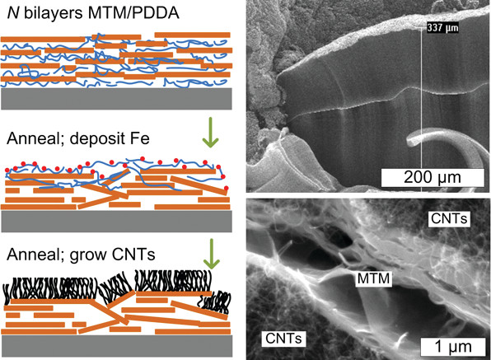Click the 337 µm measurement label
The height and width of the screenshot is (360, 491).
tap(442, 28)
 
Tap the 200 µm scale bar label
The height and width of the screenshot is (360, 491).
tap(433, 177)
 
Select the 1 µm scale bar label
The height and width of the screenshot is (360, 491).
tap(453, 347)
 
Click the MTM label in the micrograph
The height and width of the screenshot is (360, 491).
tap(373, 278)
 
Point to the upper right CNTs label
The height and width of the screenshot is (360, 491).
tap(449, 218)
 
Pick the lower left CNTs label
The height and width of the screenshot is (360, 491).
tap(283, 338)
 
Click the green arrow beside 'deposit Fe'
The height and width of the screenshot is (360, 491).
tap(210, 133)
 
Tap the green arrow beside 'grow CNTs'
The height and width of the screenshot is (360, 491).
tap(212, 254)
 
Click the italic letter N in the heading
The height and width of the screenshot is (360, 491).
tap(13, 13)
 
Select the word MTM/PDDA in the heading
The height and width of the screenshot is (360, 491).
tap(133, 13)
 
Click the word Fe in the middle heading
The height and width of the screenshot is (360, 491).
tap(140, 138)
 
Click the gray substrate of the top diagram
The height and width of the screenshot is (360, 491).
tap(116, 99)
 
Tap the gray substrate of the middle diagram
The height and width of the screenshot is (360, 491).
tap(116, 221)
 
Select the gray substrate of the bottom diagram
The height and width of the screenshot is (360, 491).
tap(116, 346)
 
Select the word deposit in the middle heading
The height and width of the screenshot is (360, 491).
tap(98, 139)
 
